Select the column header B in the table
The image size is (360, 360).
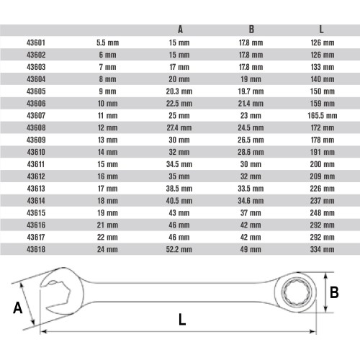[251, 30]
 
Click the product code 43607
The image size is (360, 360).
[36, 115]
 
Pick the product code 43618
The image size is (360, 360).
[36, 249]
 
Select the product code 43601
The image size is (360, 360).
[36, 42]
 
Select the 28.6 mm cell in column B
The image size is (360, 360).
[251, 152]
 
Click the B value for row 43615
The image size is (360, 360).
[251, 213]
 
